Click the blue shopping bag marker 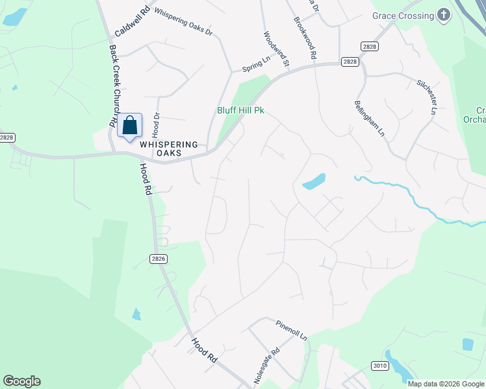[x=130, y=126]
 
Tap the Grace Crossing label [x=403, y=16]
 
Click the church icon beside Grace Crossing [x=444, y=16]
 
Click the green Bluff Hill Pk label [x=240, y=111]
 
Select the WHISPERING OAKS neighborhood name [x=169, y=148]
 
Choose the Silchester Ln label [x=426, y=98]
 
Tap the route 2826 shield [x=159, y=258]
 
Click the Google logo [x=21, y=381]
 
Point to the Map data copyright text [x=446, y=384]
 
